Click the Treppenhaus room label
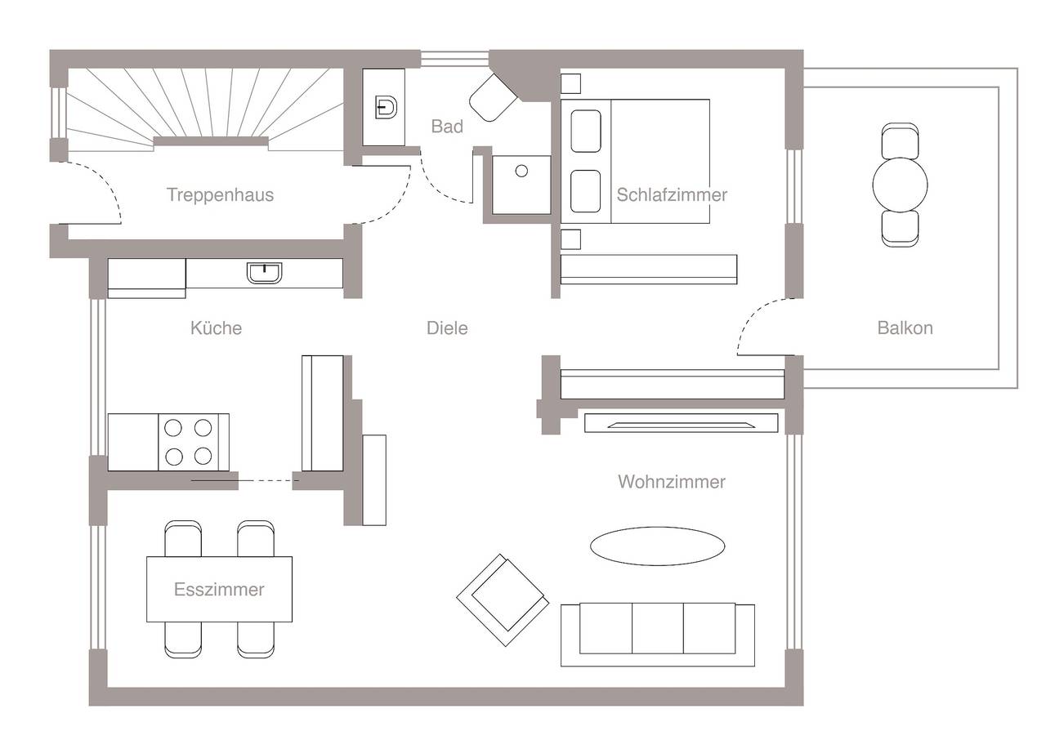coord(220,195)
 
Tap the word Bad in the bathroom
coord(447,127)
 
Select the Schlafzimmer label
coord(672,195)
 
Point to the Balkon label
coord(905,328)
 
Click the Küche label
coord(216,328)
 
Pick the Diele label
coord(447,328)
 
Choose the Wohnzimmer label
coord(671,482)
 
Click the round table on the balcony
coord(900,185)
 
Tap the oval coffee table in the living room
coord(657,546)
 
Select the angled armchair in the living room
coord(502,600)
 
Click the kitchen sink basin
coord(264,273)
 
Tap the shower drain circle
coord(521,171)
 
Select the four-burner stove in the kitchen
coord(188,442)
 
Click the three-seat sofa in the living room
coord(657,633)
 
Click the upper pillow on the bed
coord(586,131)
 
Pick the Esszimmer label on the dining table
coord(219,590)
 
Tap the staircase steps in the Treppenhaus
coord(204,102)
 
